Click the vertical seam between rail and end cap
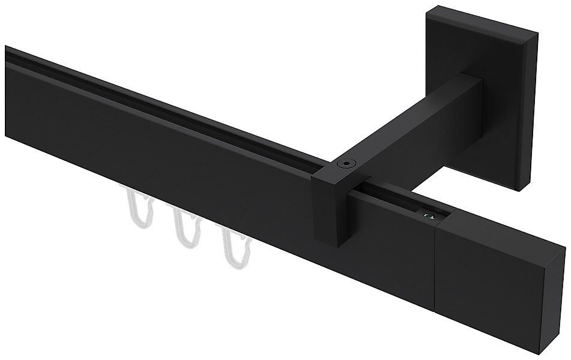pyautogui.click(x=435, y=264)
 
